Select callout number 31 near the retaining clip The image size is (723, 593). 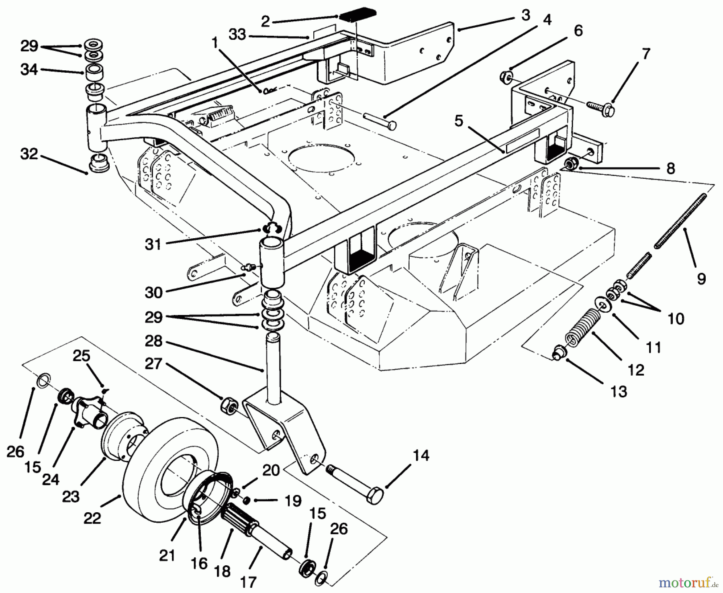click(x=153, y=244)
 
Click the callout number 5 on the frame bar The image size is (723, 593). click(x=459, y=120)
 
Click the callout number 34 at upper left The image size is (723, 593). click(x=29, y=70)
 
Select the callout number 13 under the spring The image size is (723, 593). click(x=619, y=391)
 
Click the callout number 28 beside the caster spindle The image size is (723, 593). click(x=153, y=341)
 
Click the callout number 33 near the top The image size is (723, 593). click(x=237, y=35)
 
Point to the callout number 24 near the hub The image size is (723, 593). click(x=51, y=478)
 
